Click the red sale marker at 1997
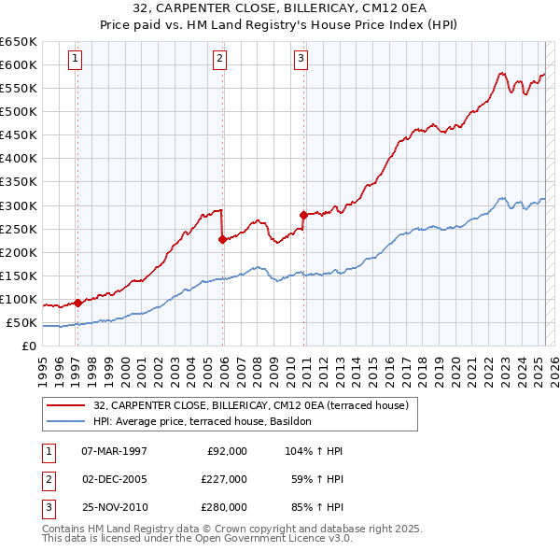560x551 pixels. tap(77, 303)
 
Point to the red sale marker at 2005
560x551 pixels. tap(222, 239)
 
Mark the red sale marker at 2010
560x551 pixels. tap(303, 214)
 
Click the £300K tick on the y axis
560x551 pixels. tap(19, 205)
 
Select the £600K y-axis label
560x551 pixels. tap(19, 64)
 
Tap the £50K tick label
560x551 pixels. tap(21, 323)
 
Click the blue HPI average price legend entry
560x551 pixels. tap(208, 421)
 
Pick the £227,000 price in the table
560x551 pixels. tap(224, 479)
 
